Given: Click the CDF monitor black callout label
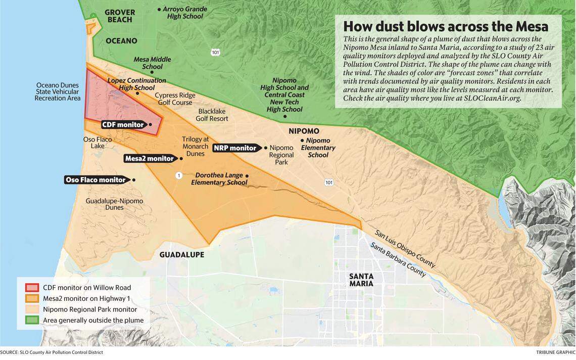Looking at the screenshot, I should (122, 124).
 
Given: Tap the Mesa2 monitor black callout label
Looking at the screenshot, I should (149, 159).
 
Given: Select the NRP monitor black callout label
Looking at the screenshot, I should (235, 148).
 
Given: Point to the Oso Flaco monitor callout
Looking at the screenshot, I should (95, 180).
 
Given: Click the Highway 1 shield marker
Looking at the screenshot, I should (178, 175).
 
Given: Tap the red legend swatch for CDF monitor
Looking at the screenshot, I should (31, 288).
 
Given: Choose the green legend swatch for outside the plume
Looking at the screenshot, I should (31, 320).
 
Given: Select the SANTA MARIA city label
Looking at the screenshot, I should (361, 280).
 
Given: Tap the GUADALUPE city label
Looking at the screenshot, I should (182, 255).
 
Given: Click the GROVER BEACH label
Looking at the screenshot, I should (120, 16).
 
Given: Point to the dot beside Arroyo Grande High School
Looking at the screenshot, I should (159, 9).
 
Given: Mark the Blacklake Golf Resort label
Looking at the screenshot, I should (213, 115).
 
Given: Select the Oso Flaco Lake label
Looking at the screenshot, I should (98, 143).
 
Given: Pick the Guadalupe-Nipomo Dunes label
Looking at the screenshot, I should (114, 204).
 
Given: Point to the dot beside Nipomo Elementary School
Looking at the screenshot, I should (302, 140).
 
